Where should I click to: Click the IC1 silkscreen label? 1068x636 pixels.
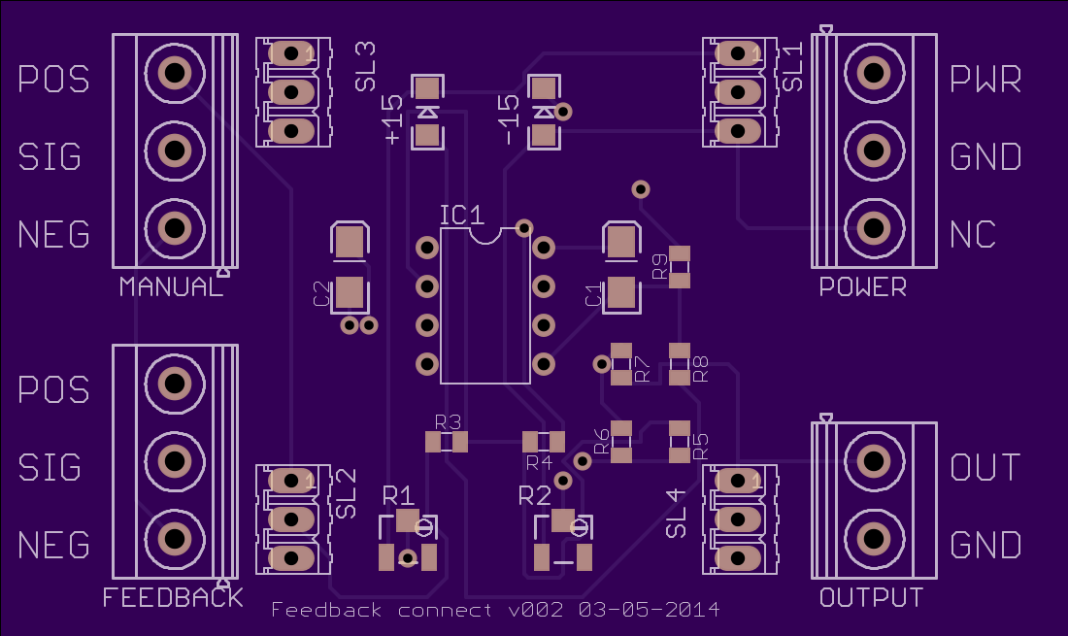(462, 216)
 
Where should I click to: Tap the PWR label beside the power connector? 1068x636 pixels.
(985, 79)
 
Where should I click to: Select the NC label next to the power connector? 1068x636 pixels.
(973, 235)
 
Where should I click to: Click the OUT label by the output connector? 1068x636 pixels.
(985, 468)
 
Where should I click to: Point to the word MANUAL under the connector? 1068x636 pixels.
(171, 286)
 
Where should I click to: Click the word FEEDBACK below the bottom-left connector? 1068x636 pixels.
(172, 597)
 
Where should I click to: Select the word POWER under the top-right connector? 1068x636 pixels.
(862, 286)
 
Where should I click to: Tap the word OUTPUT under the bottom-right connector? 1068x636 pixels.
(871, 597)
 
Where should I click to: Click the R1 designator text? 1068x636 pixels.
(398, 495)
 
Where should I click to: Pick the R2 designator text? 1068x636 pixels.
(535, 495)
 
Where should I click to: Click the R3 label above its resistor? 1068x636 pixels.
(448, 422)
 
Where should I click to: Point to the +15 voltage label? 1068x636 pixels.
(392, 119)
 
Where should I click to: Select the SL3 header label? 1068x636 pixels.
(365, 66)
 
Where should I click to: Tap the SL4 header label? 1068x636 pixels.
(676, 514)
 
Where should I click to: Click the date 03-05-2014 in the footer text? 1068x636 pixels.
(650, 610)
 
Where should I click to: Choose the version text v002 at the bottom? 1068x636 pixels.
(536, 610)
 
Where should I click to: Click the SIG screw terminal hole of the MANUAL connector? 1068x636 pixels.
(175, 150)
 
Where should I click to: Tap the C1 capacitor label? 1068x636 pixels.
(594, 295)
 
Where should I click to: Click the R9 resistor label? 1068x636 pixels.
(659, 266)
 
